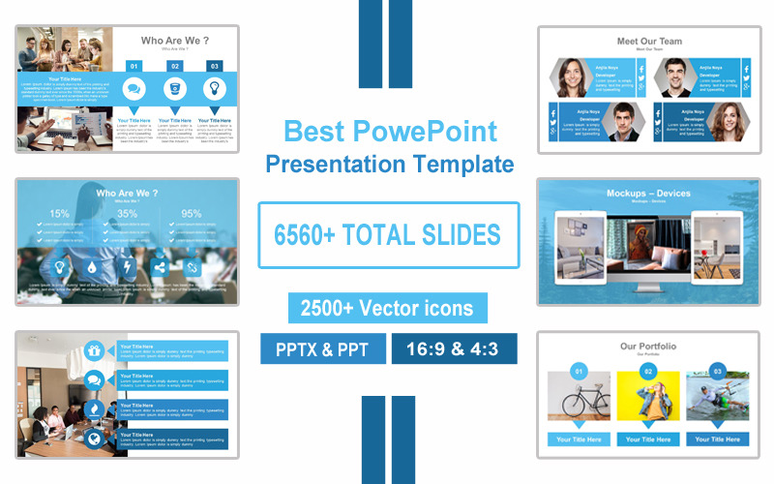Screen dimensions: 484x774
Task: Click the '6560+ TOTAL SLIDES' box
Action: click(388, 234)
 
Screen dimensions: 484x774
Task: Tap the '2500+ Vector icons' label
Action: click(387, 308)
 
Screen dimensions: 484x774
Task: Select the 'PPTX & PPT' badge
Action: click(321, 348)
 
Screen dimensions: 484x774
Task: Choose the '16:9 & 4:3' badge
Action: click(454, 348)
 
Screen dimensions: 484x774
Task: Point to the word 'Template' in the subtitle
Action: click(465, 164)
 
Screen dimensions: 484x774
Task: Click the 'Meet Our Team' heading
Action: click(648, 42)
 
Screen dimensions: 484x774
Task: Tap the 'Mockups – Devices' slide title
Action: click(648, 194)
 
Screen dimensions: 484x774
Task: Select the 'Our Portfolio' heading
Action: click(648, 347)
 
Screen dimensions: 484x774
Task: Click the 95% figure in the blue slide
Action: click(192, 214)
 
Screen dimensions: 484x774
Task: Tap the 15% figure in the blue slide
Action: click(60, 214)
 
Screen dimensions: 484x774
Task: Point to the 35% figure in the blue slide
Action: click(127, 214)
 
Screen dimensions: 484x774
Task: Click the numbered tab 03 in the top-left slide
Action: click(214, 66)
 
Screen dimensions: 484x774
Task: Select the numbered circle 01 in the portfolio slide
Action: click(579, 371)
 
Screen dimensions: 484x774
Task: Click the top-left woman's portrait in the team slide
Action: click(572, 77)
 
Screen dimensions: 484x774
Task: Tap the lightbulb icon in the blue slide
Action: click(60, 267)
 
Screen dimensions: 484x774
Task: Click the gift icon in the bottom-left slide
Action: click(95, 350)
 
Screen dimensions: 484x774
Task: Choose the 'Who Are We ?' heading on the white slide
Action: click(175, 41)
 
